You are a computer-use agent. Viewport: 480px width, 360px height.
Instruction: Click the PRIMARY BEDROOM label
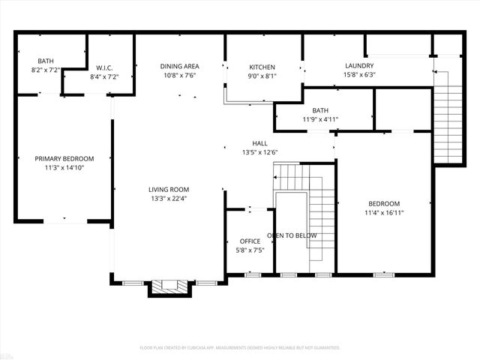tap(64, 158)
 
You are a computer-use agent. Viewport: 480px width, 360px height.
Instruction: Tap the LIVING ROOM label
tap(169, 189)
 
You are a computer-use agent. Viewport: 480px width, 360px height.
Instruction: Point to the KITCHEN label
tap(262, 67)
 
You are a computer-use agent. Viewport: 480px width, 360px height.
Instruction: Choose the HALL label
tap(259, 143)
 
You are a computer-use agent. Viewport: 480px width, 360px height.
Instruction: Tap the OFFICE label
tap(250, 241)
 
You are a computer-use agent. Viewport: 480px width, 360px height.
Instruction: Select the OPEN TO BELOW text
tap(292, 235)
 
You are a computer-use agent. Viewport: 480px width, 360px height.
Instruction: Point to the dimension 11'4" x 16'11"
tap(383, 212)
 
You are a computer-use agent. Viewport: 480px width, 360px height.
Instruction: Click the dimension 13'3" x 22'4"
tap(169, 198)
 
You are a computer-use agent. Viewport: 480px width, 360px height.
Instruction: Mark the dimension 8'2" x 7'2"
tap(46, 69)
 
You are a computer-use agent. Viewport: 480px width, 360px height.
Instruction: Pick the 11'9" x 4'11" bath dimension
tap(321, 119)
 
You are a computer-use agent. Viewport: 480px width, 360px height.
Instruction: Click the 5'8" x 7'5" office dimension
tap(250, 250)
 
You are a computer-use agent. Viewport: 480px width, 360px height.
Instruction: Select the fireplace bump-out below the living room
tap(169, 286)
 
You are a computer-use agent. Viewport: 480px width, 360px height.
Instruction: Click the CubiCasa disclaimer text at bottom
tap(240, 347)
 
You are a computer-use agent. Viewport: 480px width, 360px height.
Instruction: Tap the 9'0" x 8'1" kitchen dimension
tap(262, 75)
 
